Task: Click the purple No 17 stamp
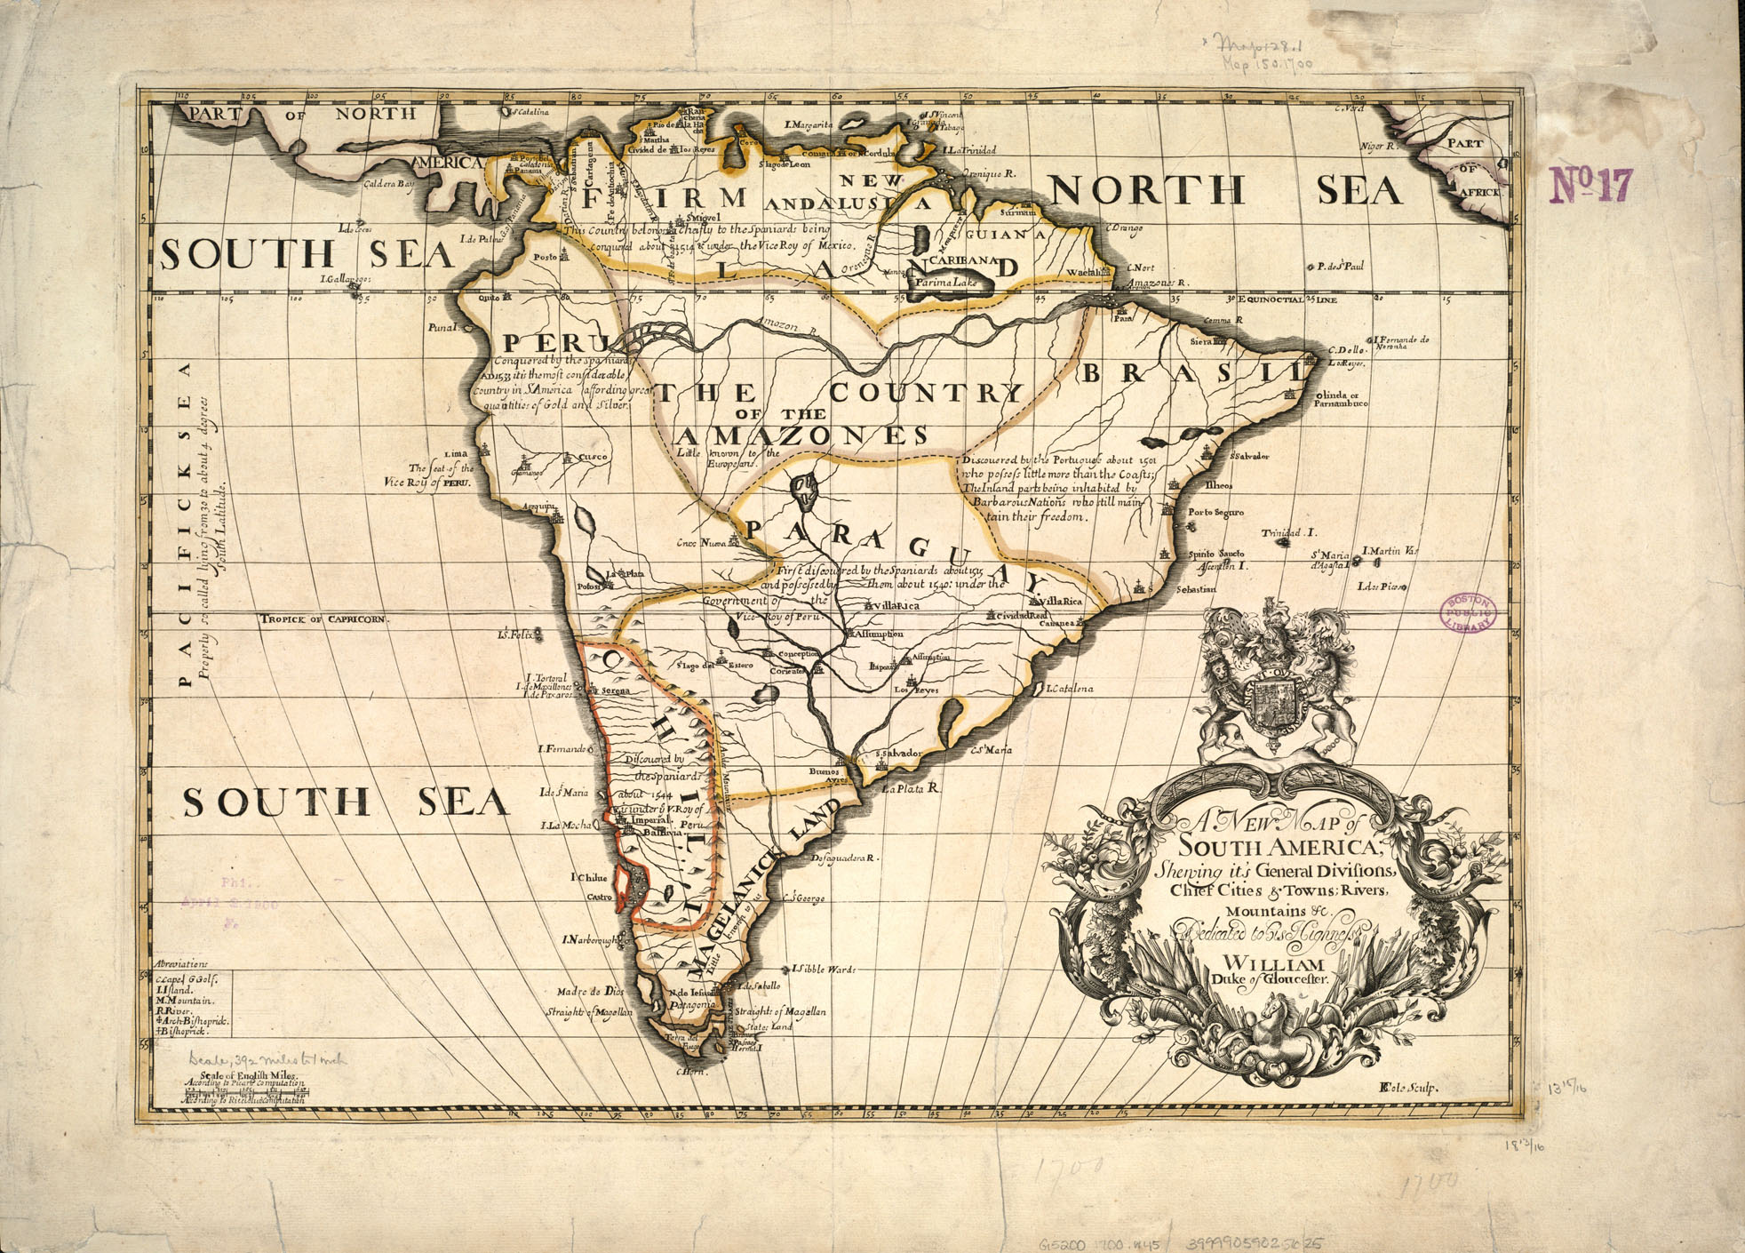[x=1591, y=185]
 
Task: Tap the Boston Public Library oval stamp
[x=1467, y=613]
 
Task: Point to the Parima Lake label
[x=946, y=282]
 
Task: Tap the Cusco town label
[x=593, y=458]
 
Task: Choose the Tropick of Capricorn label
[x=323, y=619]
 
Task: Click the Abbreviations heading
[x=180, y=963]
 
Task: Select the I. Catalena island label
[x=1069, y=689]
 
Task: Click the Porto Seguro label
[x=1215, y=513]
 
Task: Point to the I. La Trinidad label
[x=969, y=150]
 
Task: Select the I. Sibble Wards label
[x=823, y=969]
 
